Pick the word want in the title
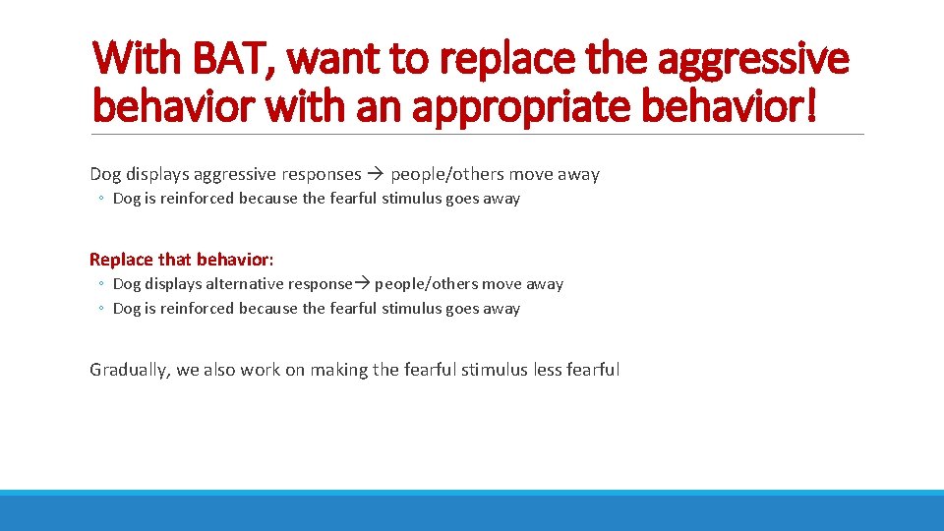click(x=330, y=59)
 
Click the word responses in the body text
click(x=323, y=174)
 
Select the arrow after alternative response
click(x=362, y=283)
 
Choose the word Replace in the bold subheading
click(x=121, y=260)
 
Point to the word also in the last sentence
click(x=218, y=370)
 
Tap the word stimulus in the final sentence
click(x=495, y=370)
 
